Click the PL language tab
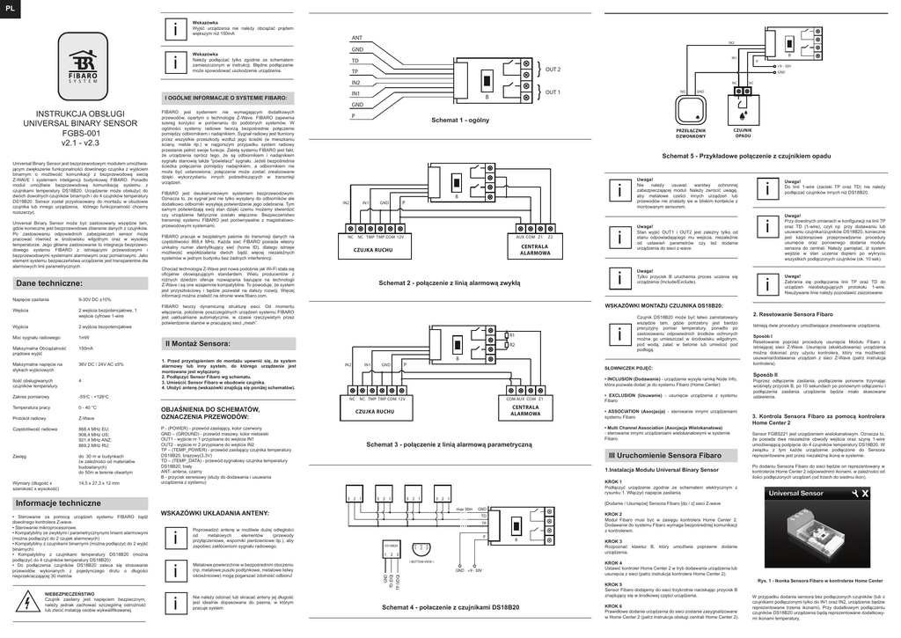point(10,8)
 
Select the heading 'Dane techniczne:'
point(49,283)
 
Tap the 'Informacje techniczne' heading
point(59,502)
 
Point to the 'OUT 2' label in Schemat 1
point(553,69)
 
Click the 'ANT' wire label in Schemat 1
point(357,38)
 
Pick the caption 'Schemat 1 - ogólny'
point(460,120)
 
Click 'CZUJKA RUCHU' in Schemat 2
point(371,250)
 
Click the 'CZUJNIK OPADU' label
point(743,132)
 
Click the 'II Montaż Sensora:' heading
point(198,342)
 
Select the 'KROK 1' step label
point(613,481)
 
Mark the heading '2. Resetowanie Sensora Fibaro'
point(793,314)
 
